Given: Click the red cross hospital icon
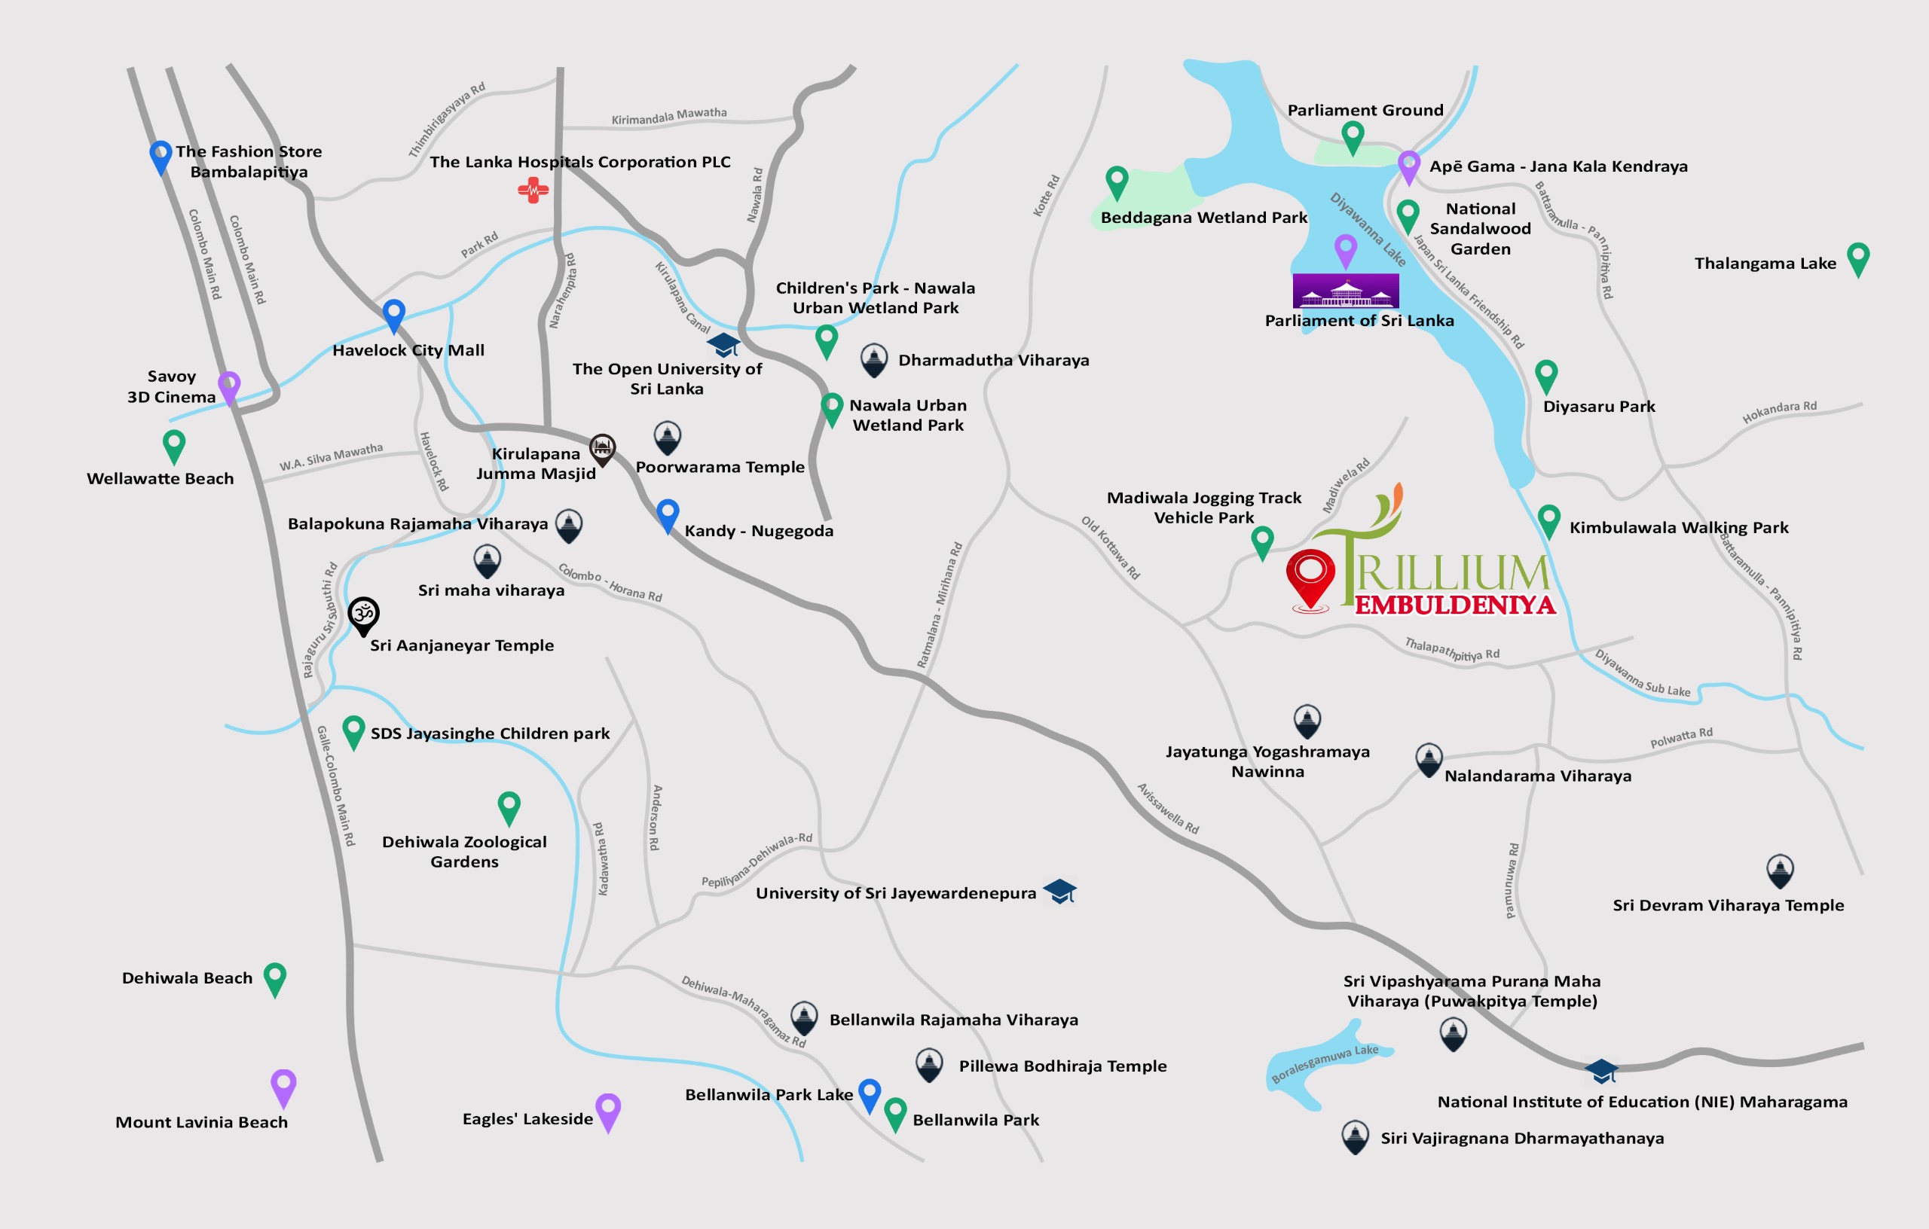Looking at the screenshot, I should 533,191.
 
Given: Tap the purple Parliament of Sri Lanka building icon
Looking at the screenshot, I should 1346,291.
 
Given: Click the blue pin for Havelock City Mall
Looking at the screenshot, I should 393,314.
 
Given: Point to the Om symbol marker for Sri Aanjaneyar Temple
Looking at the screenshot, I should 364,614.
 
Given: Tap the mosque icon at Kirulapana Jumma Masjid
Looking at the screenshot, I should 602,448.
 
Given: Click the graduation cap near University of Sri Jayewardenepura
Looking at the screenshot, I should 1060,890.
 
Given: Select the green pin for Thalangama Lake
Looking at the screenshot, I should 1857,258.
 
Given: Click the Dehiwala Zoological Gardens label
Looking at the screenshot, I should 464,851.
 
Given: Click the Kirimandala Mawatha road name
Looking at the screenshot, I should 669,116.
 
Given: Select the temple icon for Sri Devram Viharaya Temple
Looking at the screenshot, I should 1779,870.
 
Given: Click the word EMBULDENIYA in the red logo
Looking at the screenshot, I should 1455,605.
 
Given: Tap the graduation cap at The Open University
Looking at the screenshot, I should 723,344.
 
